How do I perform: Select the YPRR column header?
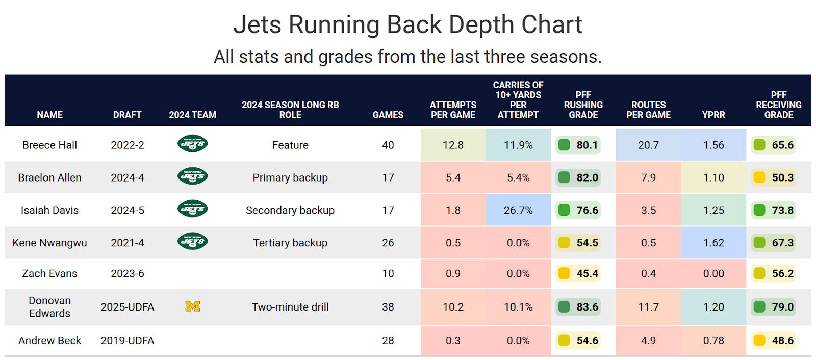[713, 115]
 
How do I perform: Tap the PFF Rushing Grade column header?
[583, 105]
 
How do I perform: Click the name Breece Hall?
[49, 145]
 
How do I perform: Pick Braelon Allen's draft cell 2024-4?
[127, 178]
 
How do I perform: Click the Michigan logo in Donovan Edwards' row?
[192, 306]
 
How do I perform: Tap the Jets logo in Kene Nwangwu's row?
[192, 241]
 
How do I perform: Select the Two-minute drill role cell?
[290, 307]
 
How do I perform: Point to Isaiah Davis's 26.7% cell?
[518, 210]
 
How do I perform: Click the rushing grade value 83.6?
[587, 307]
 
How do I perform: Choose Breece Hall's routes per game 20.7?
[648, 145]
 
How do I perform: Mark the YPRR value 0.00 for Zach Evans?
[713, 274]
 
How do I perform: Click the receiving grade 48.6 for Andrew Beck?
[782, 341]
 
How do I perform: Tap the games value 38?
[388, 307]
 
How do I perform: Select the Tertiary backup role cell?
[290, 243]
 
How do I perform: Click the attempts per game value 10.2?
[453, 307]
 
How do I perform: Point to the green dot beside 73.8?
[759, 210]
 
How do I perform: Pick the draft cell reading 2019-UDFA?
[127, 341]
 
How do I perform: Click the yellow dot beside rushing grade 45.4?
[564, 273]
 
